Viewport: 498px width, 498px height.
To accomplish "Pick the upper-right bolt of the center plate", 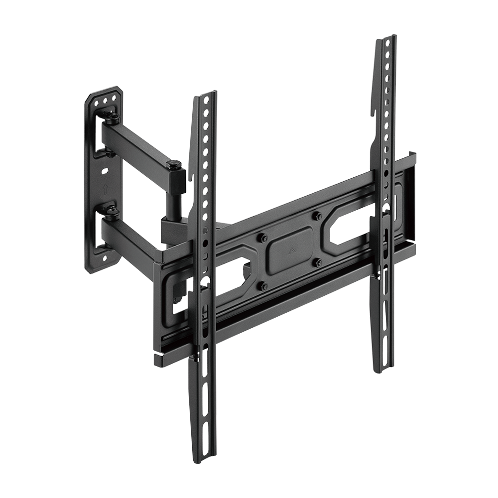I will (316, 217).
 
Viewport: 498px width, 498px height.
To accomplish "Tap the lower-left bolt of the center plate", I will (263, 285).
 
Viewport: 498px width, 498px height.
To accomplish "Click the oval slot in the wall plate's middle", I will (105, 172).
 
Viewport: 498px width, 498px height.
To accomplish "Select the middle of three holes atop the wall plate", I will (106, 101).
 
